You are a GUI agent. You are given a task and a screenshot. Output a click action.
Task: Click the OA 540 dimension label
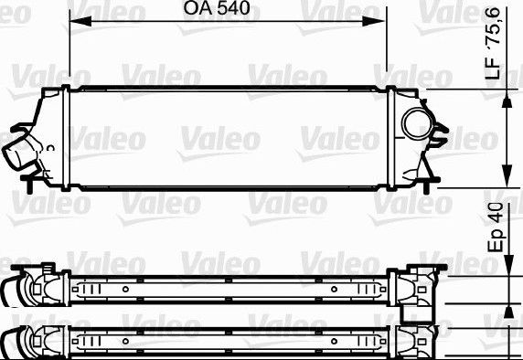pos(218,10)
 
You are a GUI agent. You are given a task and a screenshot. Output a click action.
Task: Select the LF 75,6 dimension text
pos(495,53)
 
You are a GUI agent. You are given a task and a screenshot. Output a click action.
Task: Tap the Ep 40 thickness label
pos(495,228)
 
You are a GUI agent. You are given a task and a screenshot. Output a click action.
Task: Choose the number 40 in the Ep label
pos(495,216)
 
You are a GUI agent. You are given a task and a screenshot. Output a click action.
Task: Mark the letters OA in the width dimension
pos(196,10)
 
